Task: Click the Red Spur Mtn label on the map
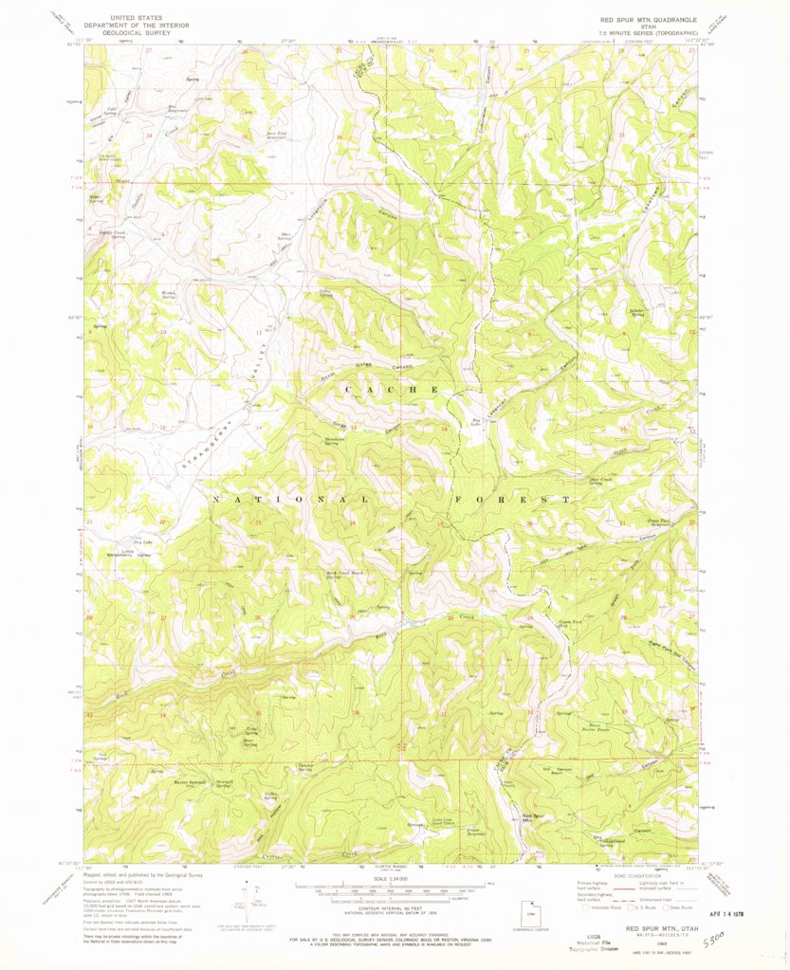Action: click(x=534, y=816)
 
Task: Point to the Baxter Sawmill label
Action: click(x=191, y=781)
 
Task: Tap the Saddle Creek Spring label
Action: click(x=112, y=233)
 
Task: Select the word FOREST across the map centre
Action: click(x=513, y=499)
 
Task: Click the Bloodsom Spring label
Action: click(x=334, y=442)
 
